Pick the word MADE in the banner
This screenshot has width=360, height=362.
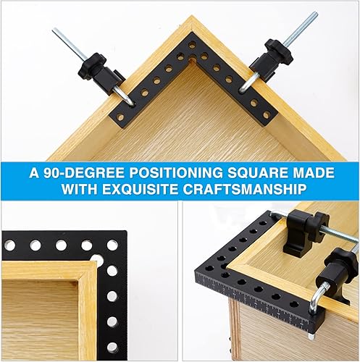tap(312, 172)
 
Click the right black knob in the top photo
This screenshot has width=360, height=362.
tap(279, 51)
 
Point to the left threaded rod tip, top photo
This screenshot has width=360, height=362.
tap(54, 30)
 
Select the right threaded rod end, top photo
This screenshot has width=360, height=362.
tap(316, 13)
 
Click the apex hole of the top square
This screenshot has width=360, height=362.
tap(193, 44)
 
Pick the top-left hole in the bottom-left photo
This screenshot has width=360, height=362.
tap(9, 245)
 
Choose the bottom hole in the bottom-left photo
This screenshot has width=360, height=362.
tap(112, 348)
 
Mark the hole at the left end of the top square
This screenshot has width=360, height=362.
tap(120, 118)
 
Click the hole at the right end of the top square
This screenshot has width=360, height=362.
tap(267, 115)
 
